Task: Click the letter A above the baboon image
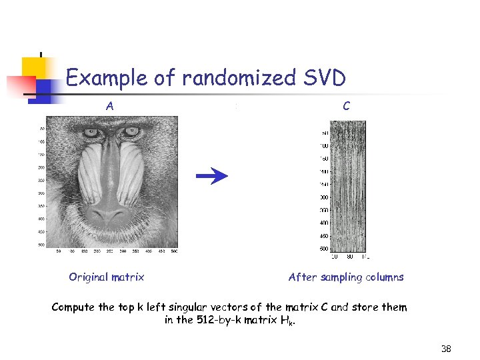(x=109, y=105)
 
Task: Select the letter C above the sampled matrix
(x=346, y=105)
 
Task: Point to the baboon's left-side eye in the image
(x=92, y=133)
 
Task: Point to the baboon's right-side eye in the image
(x=131, y=132)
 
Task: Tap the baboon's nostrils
(x=110, y=215)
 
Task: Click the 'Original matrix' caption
(x=106, y=277)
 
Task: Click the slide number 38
(x=446, y=349)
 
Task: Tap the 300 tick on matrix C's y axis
(x=324, y=197)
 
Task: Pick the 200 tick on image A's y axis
(x=41, y=167)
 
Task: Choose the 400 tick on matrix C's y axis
(x=324, y=223)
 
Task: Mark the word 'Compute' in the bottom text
(x=73, y=307)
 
